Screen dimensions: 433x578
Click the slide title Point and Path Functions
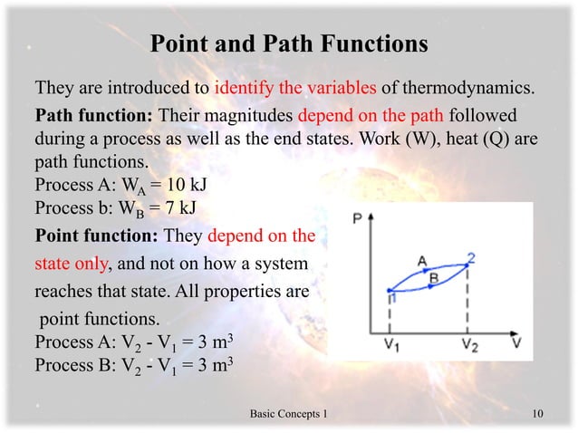pyautogui.click(x=288, y=43)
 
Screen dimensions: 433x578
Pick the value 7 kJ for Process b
pyautogui.click(x=173, y=210)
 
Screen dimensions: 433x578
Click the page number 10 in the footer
pyautogui.click(x=538, y=414)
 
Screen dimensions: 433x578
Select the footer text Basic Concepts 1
pyautogui.click(x=287, y=414)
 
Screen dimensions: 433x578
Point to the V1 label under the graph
pyautogui.click(x=390, y=344)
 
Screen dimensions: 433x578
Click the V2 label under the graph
pyautogui.click(x=467, y=344)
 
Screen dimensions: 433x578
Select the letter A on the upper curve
pyautogui.click(x=422, y=261)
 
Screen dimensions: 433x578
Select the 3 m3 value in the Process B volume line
pyautogui.click(x=216, y=367)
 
